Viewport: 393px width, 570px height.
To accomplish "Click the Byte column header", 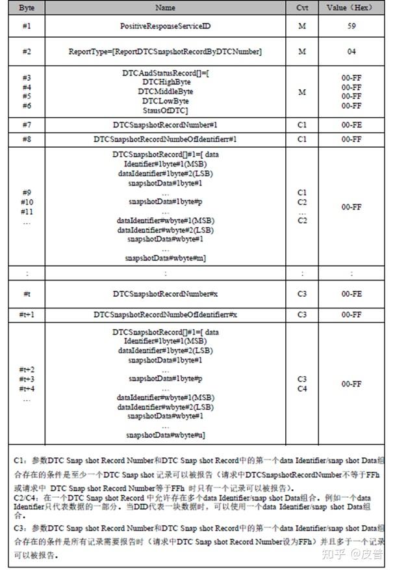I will (27, 8).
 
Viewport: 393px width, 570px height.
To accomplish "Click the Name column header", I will (166, 8).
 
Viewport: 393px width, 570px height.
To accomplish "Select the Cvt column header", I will (302, 8).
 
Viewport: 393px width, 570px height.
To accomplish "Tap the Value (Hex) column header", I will (351, 8).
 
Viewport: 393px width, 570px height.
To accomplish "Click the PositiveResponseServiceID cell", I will (166, 27).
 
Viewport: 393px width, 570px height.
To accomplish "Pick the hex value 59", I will (351, 27).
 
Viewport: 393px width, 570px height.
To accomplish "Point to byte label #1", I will (27, 27).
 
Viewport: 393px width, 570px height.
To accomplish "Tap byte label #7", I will (27, 124).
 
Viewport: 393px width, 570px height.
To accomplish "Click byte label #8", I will (27, 139).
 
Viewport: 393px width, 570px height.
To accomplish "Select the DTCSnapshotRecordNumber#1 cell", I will (166, 124).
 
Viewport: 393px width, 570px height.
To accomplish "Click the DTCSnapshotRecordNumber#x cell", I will (166, 294).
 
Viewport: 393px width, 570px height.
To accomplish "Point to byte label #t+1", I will (27, 314).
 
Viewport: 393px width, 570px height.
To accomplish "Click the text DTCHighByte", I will (166, 83).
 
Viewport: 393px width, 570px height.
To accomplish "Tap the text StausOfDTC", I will (166, 110).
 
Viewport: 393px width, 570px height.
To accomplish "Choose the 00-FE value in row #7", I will (351, 124).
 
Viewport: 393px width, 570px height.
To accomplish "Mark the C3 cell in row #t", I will (302, 294).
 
